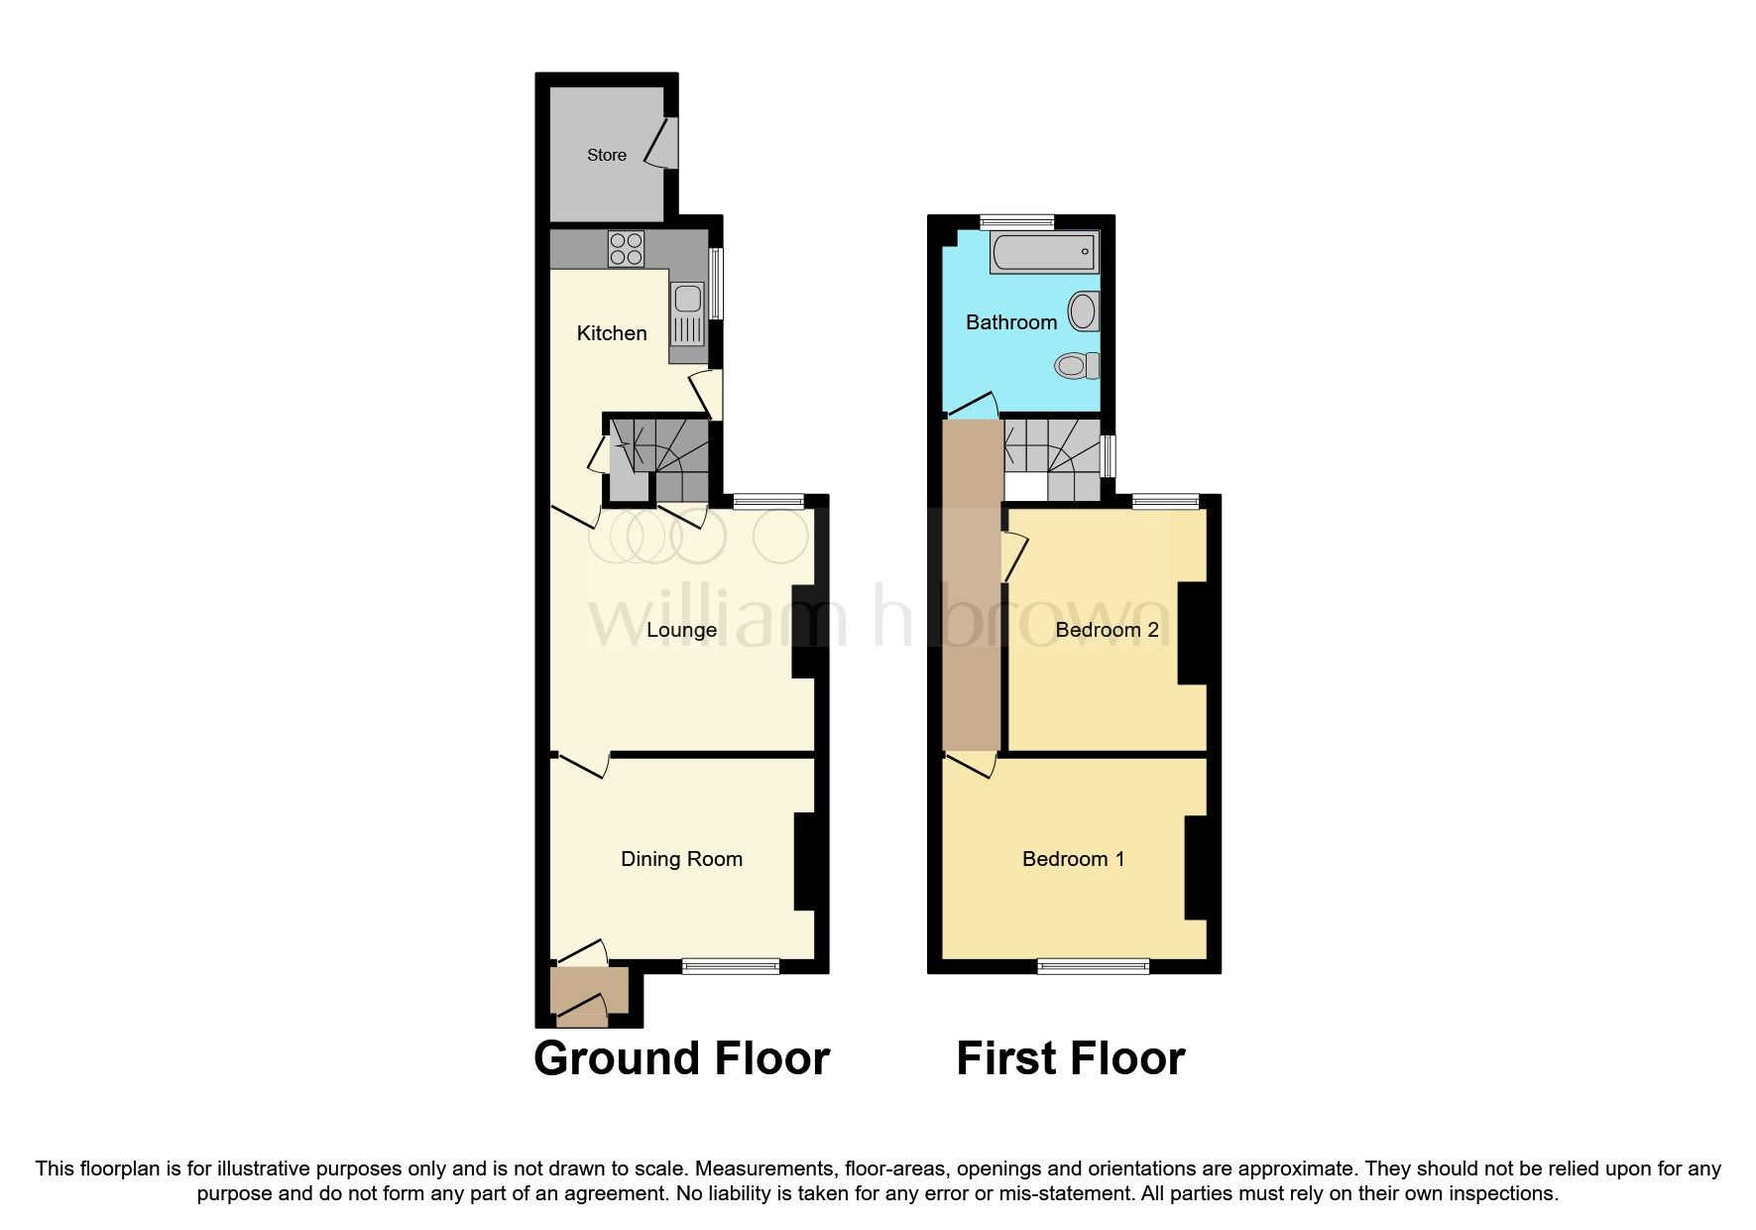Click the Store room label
click(x=606, y=155)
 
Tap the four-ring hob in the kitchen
click(x=627, y=248)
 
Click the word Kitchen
click(x=612, y=333)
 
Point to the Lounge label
click(x=681, y=630)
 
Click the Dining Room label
click(x=681, y=859)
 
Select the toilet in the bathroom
click(x=1076, y=366)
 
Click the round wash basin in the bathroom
click(x=1084, y=311)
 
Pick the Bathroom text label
click(x=1011, y=322)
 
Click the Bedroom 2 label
click(x=1107, y=630)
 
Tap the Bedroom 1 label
click(x=1073, y=859)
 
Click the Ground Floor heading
click(x=681, y=1058)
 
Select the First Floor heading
click(x=1070, y=1058)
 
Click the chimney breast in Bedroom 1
click(x=1196, y=868)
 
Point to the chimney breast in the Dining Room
click(x=804, y=861)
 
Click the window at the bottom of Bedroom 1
click(x=1094, y=965)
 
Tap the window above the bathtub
click(x=1017, y=222)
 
